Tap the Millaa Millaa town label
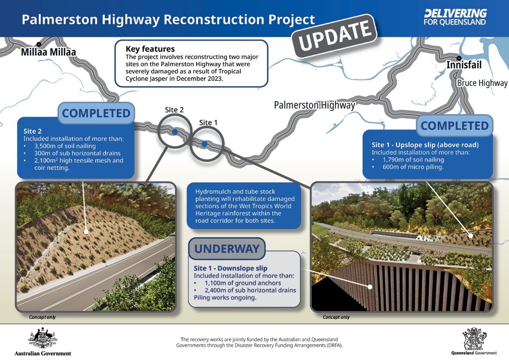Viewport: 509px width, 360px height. [x=48, y=52]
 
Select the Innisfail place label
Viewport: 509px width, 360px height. [x=464, y=65]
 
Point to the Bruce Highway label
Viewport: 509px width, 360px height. [x=482, y=83]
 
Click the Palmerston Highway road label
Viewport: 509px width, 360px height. [x=314, y=105]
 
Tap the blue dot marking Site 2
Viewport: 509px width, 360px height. [x=175, y=132]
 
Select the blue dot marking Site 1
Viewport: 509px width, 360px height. [x=205, y=144]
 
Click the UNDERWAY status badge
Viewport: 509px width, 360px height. [x=227, y=249]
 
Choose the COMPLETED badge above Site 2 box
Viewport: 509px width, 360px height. [x=96, y=113]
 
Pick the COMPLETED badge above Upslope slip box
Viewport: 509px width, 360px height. [x=454, y=126]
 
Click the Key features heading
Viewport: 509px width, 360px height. [x=150, y=49]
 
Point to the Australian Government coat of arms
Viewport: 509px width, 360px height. [x=43, y=338]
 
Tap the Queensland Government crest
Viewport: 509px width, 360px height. [x=474, y=339]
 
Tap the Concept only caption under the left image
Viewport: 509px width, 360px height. [x=42, y=317]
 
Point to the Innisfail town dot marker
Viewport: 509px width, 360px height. [x=459, y=58]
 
